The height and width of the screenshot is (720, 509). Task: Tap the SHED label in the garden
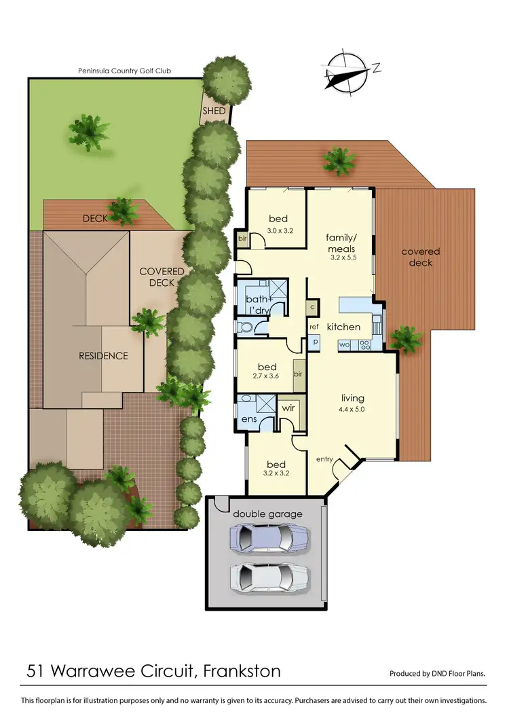tap(214, 111)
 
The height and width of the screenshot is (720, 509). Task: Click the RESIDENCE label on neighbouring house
tap(103, 355)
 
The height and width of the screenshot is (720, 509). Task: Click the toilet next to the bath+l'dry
tap(246, 327)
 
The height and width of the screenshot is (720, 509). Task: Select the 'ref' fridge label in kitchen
tap(314, 327)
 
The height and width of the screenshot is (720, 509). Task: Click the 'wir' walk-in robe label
tap(288, 410)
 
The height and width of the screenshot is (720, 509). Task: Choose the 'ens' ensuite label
tap(248, 420)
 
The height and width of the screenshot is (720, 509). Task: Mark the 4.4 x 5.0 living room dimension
tap(353, 410)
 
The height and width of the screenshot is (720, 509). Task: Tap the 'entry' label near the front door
tap(324, 460)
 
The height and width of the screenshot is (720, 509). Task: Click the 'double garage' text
tap(265, 513)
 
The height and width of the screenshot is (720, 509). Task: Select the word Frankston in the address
tap(242, 672)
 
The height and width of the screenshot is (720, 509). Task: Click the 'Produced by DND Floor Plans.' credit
tap(437, 674)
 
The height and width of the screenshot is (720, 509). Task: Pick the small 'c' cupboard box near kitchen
tap(312, 307)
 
